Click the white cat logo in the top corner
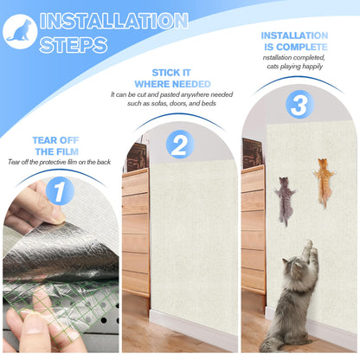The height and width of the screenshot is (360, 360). [17, 29]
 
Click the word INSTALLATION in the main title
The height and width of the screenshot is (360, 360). [112, 21]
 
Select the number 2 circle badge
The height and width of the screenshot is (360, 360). [179, 144]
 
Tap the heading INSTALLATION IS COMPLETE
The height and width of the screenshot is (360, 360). [294, 41]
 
